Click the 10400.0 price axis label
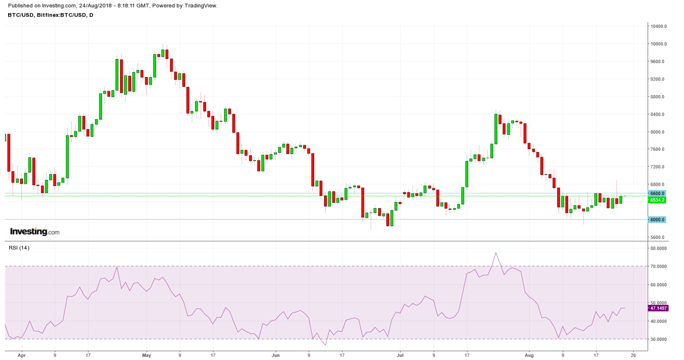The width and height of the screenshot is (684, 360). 657,26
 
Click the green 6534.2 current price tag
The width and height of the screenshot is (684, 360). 657,200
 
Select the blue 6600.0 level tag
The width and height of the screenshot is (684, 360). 657,193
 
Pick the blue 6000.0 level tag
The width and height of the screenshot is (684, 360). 657,220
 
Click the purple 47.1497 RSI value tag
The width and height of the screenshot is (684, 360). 658,308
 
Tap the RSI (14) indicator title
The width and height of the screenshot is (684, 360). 19,248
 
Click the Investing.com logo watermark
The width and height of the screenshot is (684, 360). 34,232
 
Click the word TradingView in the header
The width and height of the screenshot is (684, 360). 198,5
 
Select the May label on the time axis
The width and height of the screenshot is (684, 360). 146,355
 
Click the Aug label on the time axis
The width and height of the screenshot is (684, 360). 529,355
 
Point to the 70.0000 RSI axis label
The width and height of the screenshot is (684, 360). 658,267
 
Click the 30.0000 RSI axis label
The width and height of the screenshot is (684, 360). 658,339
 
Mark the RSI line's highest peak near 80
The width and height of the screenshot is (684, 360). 496,252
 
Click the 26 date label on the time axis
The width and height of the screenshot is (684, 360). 633,355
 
